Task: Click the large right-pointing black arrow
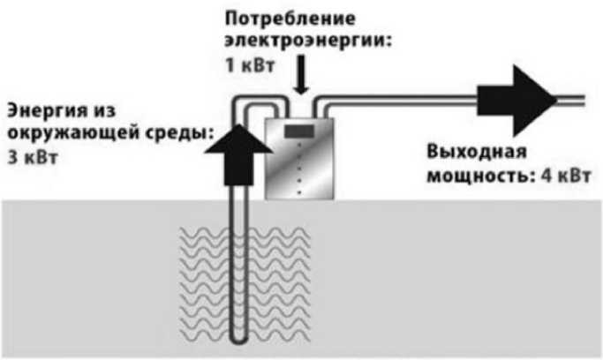[513, 94]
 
